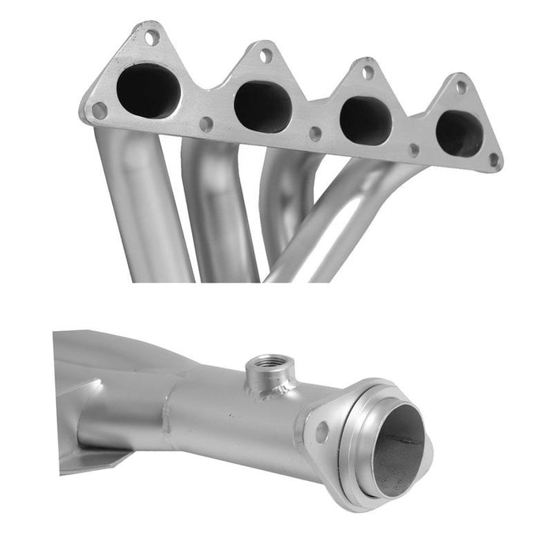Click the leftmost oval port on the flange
[149, 90]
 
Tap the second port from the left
[264, 106]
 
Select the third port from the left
[366, 120]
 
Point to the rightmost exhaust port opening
[459, 133]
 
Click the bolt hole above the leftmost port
[152, 36]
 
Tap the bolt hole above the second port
[266, 55]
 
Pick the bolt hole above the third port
[367, 72]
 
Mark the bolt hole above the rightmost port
[461, 87]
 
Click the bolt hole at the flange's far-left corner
[100, 110]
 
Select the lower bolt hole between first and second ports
[206, 124]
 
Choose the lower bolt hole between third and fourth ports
[413, 149]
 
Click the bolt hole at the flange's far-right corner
[494, 160]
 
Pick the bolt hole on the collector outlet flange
[322, 431]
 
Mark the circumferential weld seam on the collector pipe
[169, 419]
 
